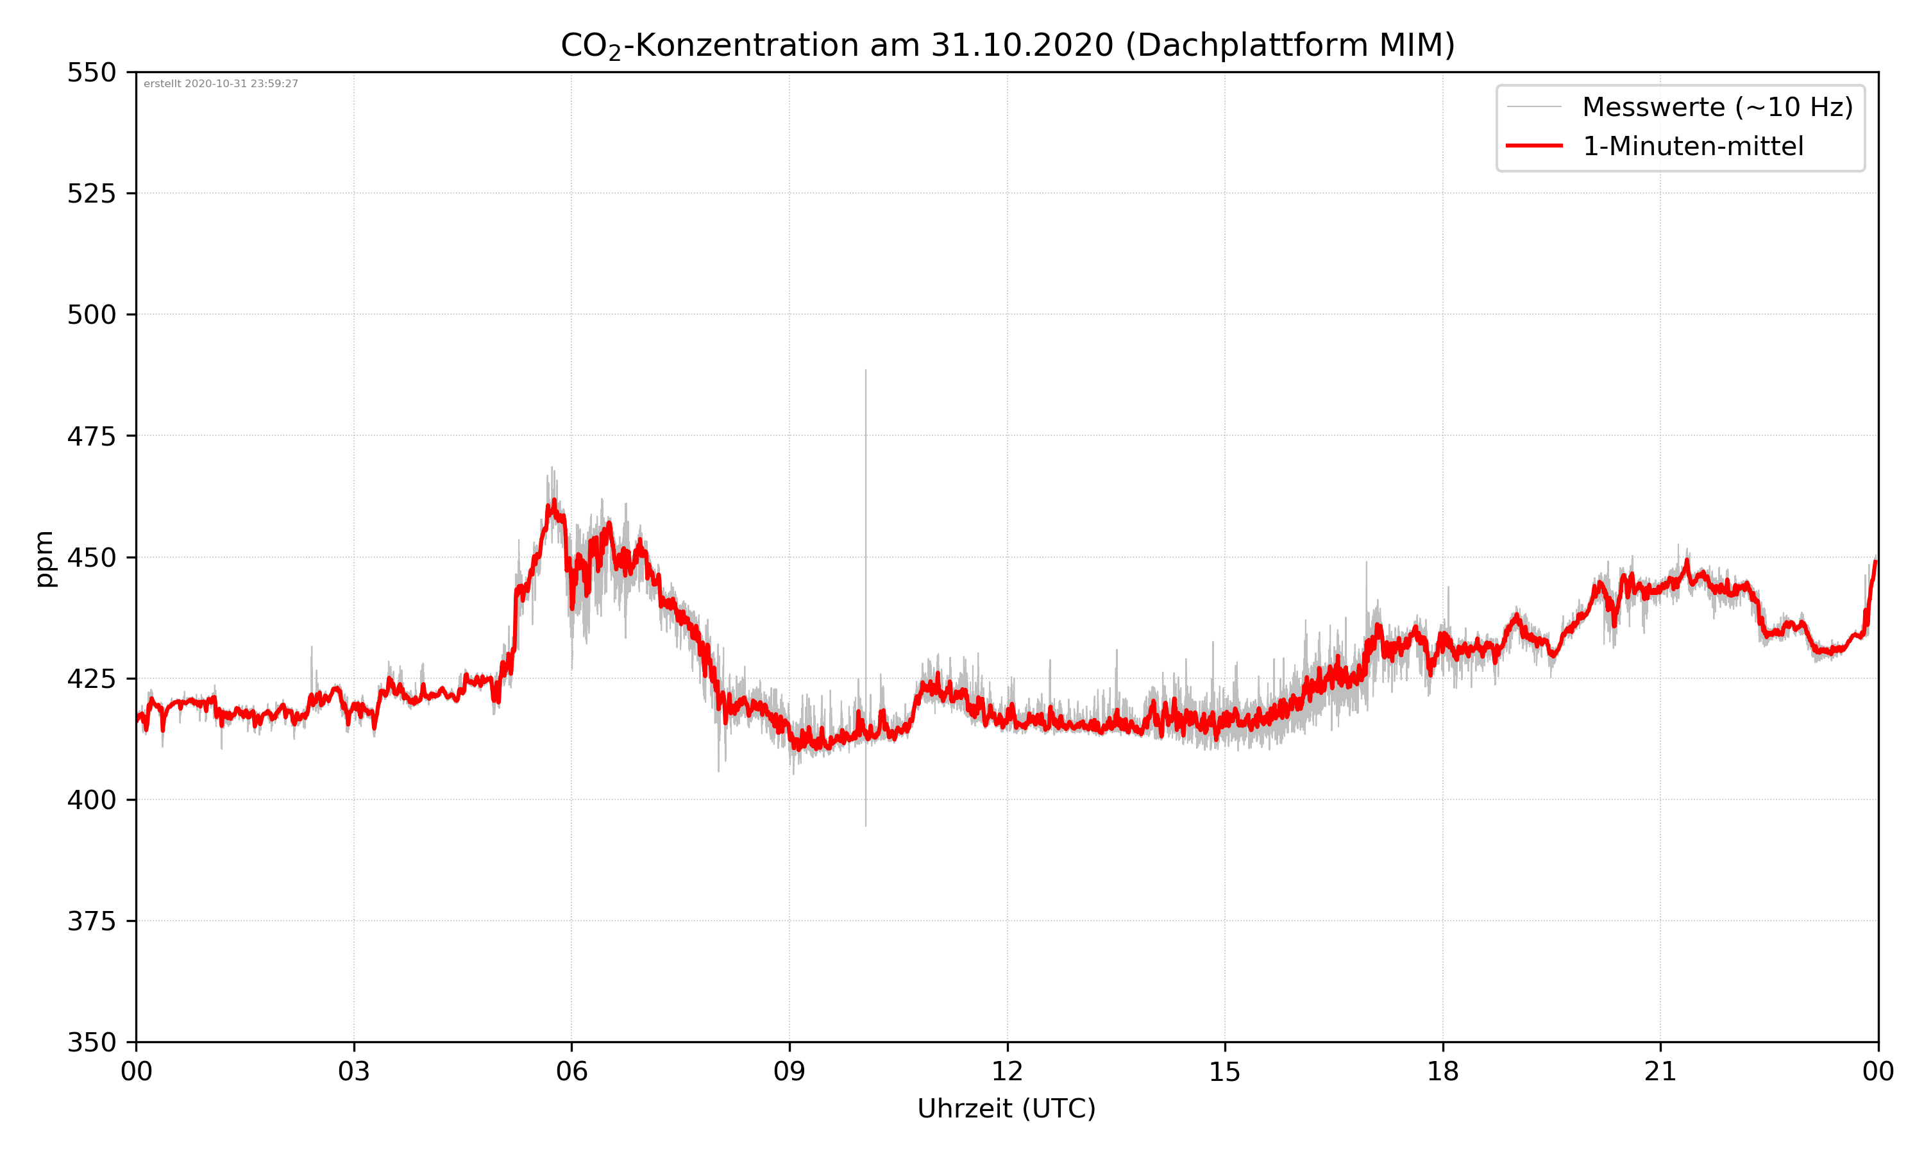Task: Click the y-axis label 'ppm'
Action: [44, 558]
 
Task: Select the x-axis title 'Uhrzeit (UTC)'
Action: [1006, 1108]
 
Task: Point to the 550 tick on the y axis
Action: [91, 72]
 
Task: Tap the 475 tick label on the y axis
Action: [91, 436]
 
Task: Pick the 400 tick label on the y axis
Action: [91, 800]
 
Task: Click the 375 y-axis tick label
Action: [91, 921]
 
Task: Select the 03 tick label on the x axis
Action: [354, 1071]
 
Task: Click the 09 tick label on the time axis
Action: [789, 1071]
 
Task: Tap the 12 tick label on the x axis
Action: [1007, 1071]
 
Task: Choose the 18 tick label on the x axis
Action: [1442, 1071]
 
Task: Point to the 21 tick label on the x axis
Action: [1660, 1071]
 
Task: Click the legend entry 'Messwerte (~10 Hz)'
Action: [1717, 107]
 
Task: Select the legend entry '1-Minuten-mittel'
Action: [1692, 146]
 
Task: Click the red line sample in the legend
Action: [1533, 146]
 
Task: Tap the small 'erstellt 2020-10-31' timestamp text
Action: [221, 84]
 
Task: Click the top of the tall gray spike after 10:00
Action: [866, 372]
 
